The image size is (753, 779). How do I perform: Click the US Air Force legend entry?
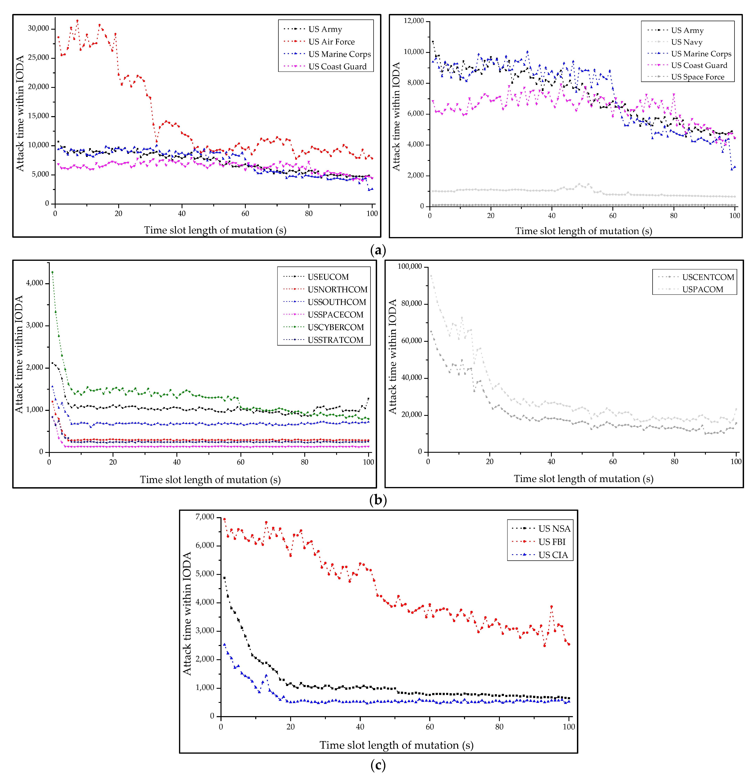[x=331, y=42]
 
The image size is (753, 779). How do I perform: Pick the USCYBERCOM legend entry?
[x=335, y=327]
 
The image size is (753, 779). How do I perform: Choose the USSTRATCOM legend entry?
[x=335, y=340]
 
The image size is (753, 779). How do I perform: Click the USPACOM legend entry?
[x=702, y=289]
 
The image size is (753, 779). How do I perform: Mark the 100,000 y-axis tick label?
[x=409, y=266]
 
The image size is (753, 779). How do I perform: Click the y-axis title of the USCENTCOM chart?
[x=392, y=357]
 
